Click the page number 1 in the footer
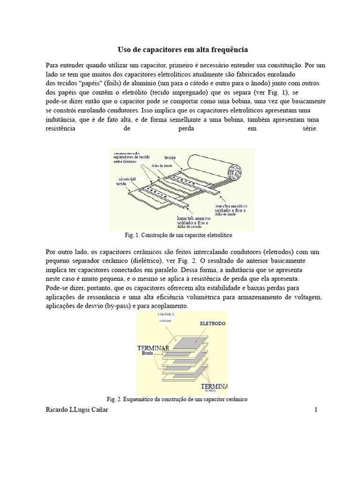316,410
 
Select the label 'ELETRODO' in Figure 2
213,323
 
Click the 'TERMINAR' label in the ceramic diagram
153,348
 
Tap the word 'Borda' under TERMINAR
147,354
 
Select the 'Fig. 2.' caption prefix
115,399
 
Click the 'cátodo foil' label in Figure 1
127,180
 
